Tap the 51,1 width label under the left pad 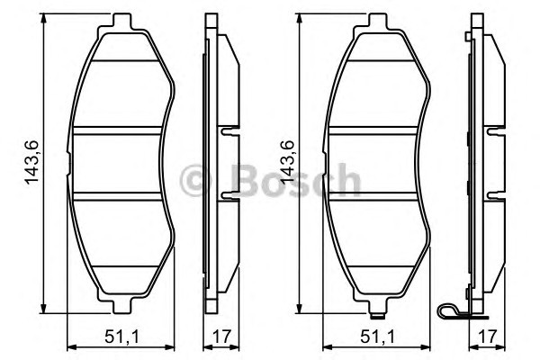[x=122, y=337]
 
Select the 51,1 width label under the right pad [x=378, y=337]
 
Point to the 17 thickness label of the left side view [x=220, y=337]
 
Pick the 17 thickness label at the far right [x=487, y=337]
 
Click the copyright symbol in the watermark [x=195, y=180]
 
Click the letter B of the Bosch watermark [x=246, y=180]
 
